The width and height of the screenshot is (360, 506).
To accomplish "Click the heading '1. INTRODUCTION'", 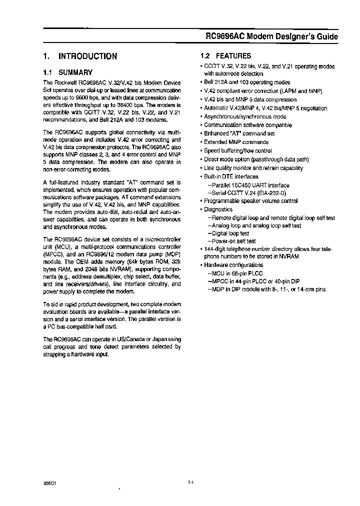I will click(x=80, y=56).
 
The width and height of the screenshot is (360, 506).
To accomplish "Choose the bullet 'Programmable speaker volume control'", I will click(x=250, y=201).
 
